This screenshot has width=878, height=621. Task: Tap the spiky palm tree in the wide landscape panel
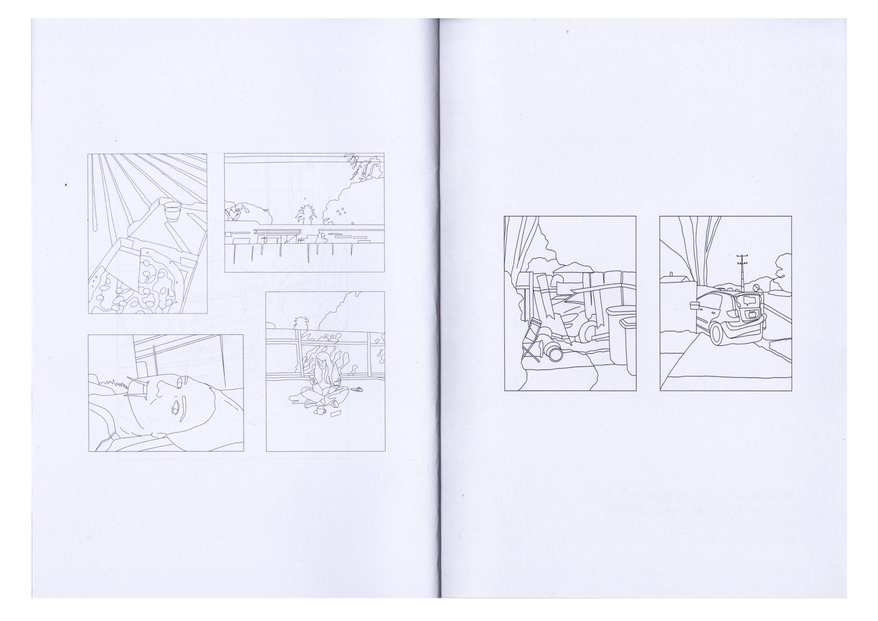[305, 214]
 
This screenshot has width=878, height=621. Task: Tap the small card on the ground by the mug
[335, 413]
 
